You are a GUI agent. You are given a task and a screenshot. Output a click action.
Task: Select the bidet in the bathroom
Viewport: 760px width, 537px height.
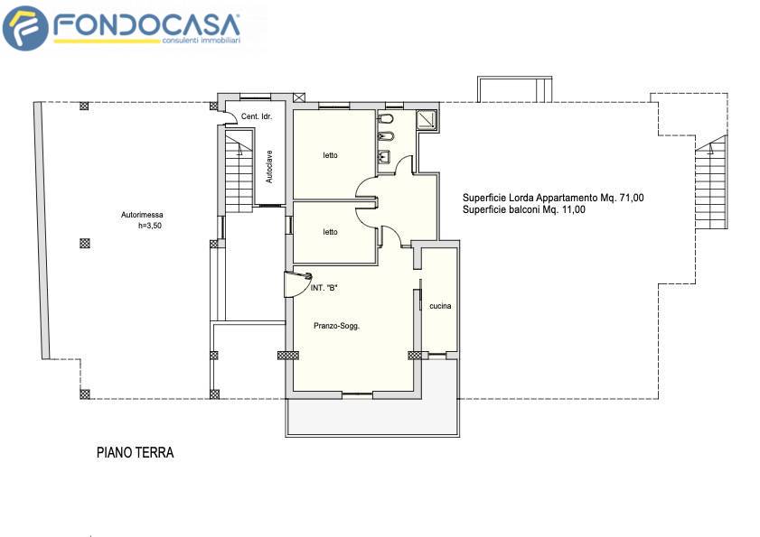pyautogui.click(x=385, y=136)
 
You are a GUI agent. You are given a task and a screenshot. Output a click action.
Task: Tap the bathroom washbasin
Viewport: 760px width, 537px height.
pyautogui.click(x=384, y=156)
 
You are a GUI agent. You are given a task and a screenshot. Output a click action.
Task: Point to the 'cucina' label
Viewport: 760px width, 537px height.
pyautogui.click(x=440, y=306)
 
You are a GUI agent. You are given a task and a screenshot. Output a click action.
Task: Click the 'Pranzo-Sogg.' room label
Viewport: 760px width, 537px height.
pyautogui.click(x=336, y=326)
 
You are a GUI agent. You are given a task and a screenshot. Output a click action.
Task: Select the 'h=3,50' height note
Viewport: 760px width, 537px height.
pyautogui.click(x=150, y=226)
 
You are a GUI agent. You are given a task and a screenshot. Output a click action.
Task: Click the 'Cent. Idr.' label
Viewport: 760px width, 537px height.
pyautogui.click(x=257, y=116)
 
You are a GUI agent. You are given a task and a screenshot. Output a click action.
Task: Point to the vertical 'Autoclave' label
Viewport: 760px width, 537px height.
pyautogui.click(x=269, y=167)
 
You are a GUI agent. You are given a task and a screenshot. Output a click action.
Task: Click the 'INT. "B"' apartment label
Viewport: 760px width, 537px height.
pyautogui.click(x=324, y=288)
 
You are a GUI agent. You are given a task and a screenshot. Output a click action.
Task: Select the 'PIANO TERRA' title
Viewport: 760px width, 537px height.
pyautogui.click(x=136, y=453)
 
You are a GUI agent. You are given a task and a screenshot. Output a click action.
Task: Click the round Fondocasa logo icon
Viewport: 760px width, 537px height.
pyautogui.click(x=25, y=28)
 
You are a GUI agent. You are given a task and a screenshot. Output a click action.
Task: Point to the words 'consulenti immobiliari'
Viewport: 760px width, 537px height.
pyautogui.click(x=202, y=41)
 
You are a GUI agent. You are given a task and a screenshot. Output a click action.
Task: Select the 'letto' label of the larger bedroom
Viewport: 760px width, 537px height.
pyautogui.click(x=330, y=155)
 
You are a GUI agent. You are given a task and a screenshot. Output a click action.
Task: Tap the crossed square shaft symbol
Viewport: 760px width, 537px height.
pyautogui.click(x=299, y=97)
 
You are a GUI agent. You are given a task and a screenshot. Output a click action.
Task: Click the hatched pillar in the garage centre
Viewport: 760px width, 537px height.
pyautogui.click(x=85, y=243)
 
